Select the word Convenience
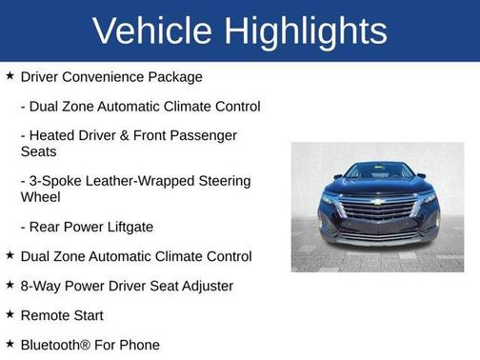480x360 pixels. (108, 76)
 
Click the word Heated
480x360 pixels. (54, 135)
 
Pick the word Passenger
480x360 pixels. (205, 135)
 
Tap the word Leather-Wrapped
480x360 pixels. (142, 181)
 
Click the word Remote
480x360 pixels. (45, 314)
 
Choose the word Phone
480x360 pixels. (139, 344)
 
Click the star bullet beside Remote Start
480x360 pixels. (10, 313)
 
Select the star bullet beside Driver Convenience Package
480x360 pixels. (10, 75)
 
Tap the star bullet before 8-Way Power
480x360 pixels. (10, 284)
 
